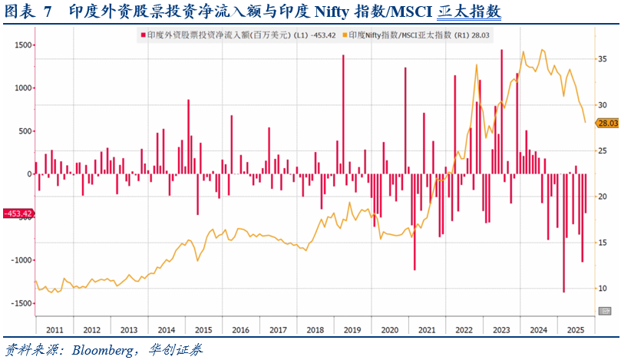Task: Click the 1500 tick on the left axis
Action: pyautogui.click(x=20, y=45)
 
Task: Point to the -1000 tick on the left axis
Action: pyautogui.click(x=18, y=260)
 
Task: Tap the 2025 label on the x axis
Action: pyautogui.click(x=576, y=330)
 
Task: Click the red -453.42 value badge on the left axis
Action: pyautogui.click(x=17, y=213)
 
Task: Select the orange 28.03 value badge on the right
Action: pyautogui.click(x=607, y=123)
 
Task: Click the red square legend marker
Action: pyautogui.click(x=142, y=35)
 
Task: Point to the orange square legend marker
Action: pyautogui.click(x=345, y=35)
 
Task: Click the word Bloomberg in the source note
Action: pyautogui.click(x=101, y=350)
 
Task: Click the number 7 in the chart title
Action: pyautogui.click(x=48, y=12)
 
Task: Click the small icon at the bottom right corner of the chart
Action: pyautogui.click(x=605, y=310)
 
